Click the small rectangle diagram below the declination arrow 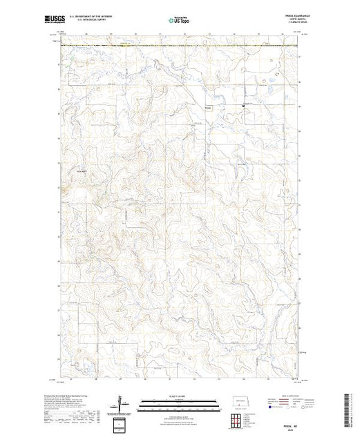click(122, 423)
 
